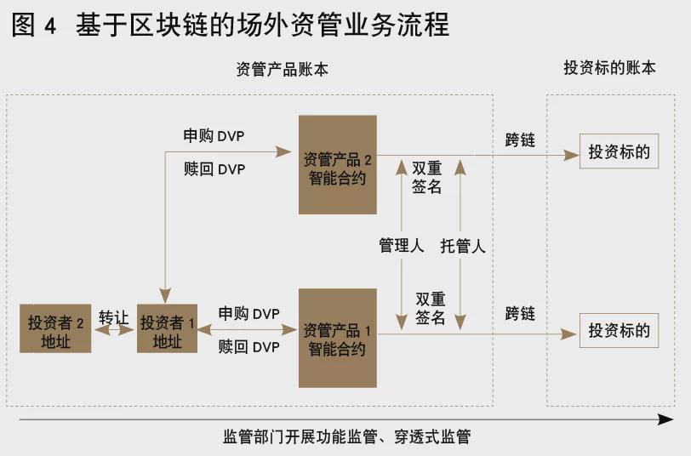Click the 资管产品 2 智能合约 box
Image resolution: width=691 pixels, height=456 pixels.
click(338, 165)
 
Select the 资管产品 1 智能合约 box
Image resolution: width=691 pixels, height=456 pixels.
click(338, 338)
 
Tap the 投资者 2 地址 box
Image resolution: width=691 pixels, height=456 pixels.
click(55, 328)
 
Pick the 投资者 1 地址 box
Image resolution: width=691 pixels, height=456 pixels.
click(167, 328)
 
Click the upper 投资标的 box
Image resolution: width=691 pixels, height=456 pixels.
click(619, 151)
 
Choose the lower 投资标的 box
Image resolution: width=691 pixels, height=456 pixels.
click(619, 330)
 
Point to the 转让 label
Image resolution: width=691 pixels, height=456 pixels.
click(113, 317)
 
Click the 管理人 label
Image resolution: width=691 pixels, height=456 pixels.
click(401, 245)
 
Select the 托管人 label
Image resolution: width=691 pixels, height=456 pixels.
click(463, 245)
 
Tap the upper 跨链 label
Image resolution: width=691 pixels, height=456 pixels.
click(520, 140)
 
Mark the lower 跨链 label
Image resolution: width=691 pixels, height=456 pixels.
click(520, 314)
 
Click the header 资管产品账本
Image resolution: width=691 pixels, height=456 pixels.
click(282, 69)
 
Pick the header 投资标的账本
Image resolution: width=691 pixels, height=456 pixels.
click(610, 68)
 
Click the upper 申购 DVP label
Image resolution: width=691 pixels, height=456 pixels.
click(214, 136)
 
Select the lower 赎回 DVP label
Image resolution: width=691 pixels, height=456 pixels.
click(249, 347)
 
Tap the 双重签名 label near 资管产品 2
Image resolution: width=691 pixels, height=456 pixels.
click(426, 177)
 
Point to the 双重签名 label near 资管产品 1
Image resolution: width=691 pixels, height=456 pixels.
click(430, 308)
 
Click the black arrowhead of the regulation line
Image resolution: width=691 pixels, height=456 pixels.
click(665, 419)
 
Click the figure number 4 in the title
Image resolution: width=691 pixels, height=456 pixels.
click(50, 26)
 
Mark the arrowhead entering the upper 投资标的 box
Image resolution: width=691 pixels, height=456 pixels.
click(572, 155)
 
